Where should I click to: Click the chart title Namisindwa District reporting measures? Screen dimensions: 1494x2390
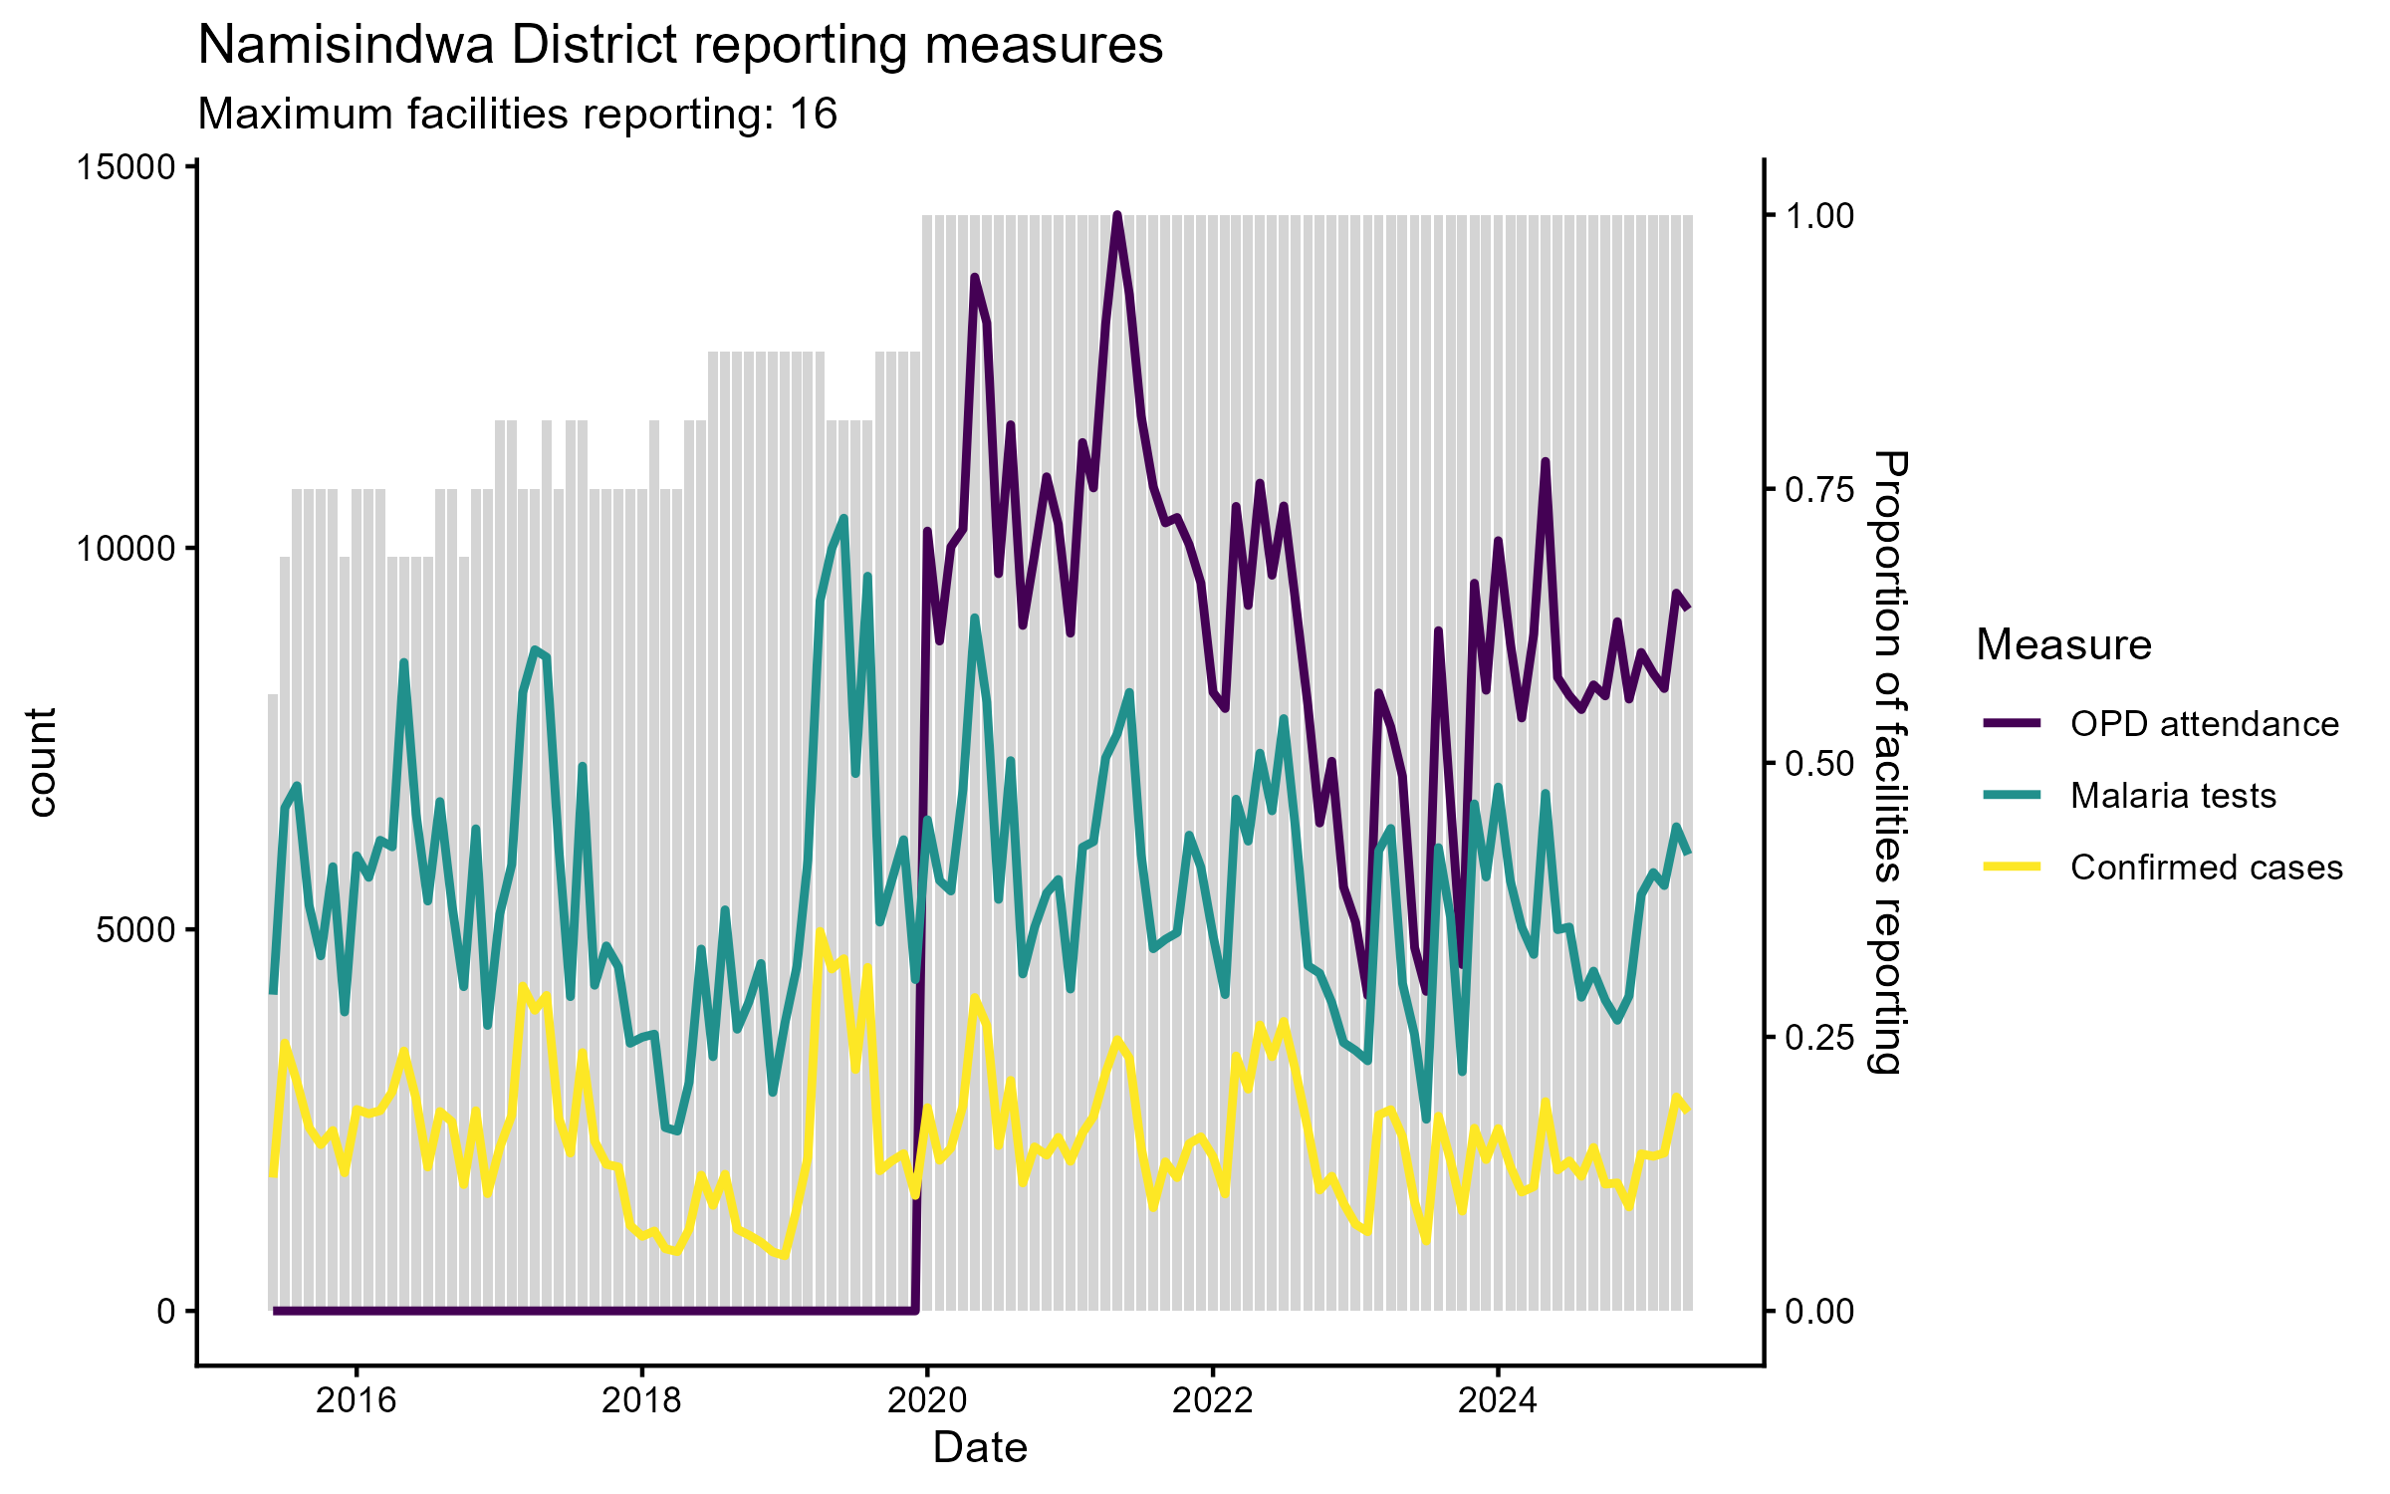coord(680,45)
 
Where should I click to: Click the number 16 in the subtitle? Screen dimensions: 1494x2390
coord(813,115)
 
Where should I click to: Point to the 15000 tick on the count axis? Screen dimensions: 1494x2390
coord(125,167)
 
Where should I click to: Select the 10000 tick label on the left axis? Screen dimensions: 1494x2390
coord(125,549)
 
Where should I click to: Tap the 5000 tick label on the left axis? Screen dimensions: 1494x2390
coord(135,930)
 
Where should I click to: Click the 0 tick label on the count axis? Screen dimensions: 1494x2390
coord(166,1312)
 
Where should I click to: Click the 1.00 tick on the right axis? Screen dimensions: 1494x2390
coord(1819,216)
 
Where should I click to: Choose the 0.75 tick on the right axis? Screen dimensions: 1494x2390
coord(1819,490)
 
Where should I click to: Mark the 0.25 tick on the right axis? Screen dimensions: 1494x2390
coord(1819,1038)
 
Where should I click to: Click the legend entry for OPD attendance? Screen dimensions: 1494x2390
coord(2204,724)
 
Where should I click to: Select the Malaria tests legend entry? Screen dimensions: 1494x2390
coord(2173,796)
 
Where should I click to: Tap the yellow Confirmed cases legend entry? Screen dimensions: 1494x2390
coord(2206,868)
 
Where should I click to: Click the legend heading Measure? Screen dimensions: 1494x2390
coord(2063,645)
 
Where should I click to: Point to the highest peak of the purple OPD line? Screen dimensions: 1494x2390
coord(1116,215)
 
